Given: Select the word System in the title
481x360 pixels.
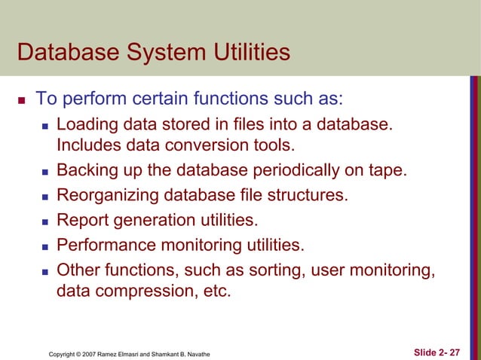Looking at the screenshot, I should click(164, 53).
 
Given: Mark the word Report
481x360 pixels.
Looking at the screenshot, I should click(81, 221).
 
